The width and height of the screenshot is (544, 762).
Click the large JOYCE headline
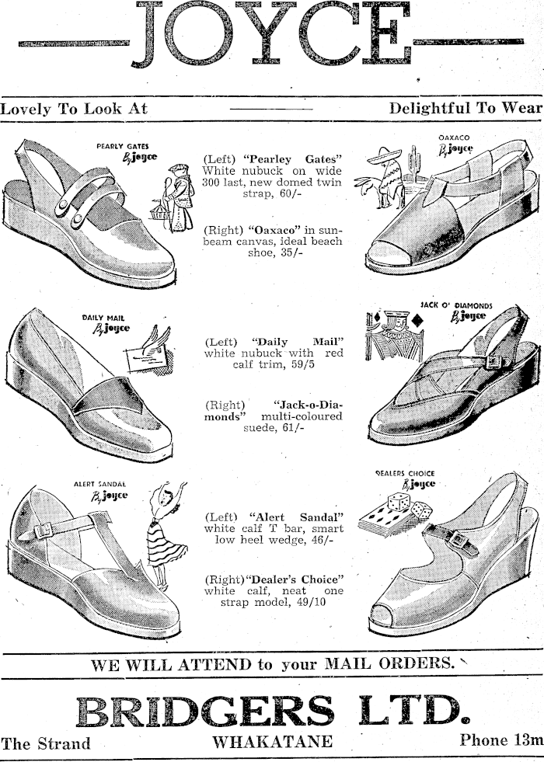tap(272, 35)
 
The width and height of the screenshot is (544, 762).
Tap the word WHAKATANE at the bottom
tap(273, 741)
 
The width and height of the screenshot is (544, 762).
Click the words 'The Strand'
tap(45, 743)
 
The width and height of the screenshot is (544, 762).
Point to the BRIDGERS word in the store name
tap(207, 710)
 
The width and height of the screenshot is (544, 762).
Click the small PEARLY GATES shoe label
tap(123, 144)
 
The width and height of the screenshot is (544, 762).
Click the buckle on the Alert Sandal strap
tap(44, 531)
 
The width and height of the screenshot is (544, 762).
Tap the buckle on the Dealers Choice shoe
tap(459, 539)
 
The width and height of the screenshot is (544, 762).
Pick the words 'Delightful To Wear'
tap(464, 108)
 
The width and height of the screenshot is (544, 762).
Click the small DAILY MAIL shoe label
tap(104, 317)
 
